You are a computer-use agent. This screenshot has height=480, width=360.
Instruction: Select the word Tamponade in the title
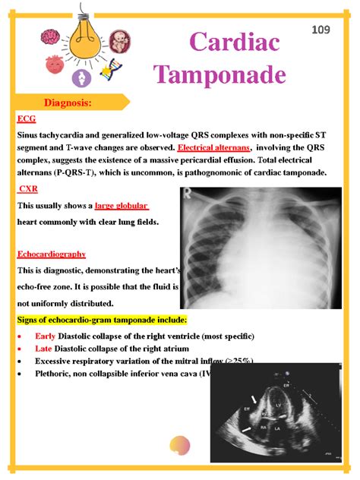click(x=219, y=74)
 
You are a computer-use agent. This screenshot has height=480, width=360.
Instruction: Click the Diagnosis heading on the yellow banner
click(x=68, y=102)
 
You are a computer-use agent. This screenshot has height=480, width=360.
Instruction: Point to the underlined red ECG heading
click(x=26, y=118)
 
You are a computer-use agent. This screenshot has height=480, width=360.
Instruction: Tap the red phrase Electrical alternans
click(x=214, y=147)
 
